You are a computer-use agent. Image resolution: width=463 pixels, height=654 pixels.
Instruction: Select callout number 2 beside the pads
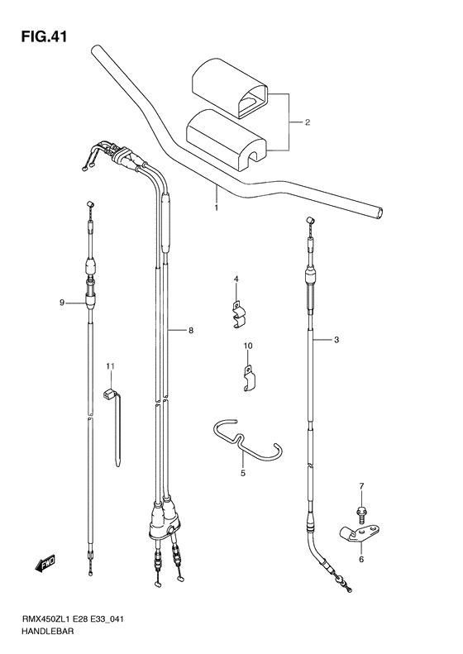click(307, 123)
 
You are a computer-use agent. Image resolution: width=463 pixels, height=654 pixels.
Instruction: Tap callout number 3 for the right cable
click(336, 340)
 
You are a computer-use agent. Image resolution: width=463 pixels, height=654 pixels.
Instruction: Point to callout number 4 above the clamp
click(235, 279)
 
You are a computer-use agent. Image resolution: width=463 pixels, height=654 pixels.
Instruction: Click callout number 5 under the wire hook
click(243, 475)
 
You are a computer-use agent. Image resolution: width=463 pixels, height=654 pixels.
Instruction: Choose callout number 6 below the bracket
click(360, 559)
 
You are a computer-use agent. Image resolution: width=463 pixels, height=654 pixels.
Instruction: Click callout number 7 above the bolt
click(360, 485)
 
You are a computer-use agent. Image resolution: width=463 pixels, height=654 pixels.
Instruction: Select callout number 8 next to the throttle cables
click(190, 331)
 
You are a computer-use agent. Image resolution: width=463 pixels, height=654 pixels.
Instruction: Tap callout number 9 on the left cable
click(61, 303)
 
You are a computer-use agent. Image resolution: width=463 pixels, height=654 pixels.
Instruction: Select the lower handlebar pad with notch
click(224, 137)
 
